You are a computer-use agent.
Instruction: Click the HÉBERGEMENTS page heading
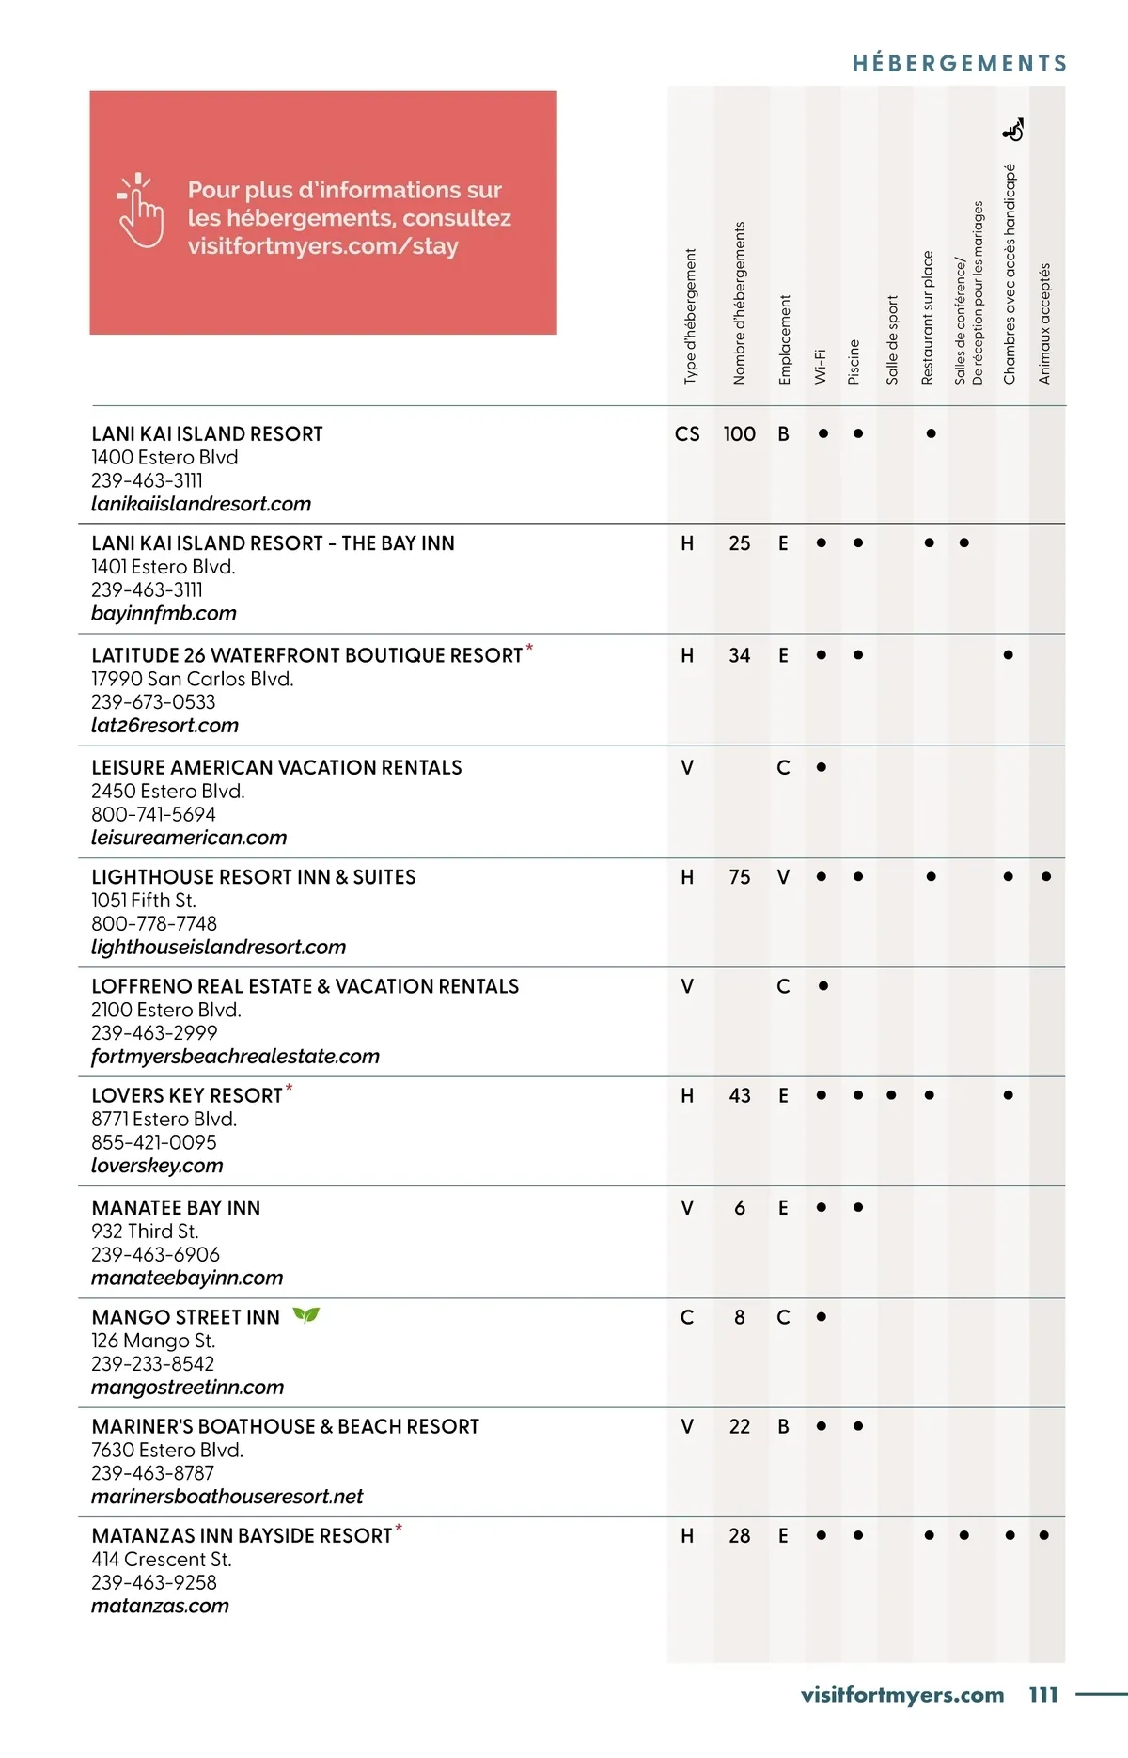click(x=959, y=64)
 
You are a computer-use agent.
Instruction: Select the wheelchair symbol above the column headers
click(x=1013, y=130)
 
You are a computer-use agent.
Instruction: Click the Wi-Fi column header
click(x=820, y=365)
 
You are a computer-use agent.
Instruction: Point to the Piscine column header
click(x=854, y=361)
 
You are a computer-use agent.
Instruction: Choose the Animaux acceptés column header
click(x=1044, y=323)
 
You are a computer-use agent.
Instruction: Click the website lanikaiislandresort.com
click(x=201, y=504)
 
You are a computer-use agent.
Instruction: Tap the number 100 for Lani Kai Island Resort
click(x=739, y=434)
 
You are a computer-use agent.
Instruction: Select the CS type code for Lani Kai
click(x=687, y=434)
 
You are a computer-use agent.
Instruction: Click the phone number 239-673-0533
click(x=153, y=702)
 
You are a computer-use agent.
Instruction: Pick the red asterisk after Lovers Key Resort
click(x=290, y=1089)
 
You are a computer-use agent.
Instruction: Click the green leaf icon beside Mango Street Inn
click(x=305, y=1315)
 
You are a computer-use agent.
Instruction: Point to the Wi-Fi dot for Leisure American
click(x=822, y=767)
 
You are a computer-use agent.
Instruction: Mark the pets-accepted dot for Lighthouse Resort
click(x=1046, y=877)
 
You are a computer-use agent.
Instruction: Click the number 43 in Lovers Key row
click(x=740, y=1096)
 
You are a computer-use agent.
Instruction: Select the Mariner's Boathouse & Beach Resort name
click(x=286, y=1427)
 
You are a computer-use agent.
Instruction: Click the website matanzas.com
click(x=160, y=1606)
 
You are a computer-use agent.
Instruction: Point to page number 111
click(x=1043, y=1694)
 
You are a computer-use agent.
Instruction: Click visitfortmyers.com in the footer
click(x=902, y=1694)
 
